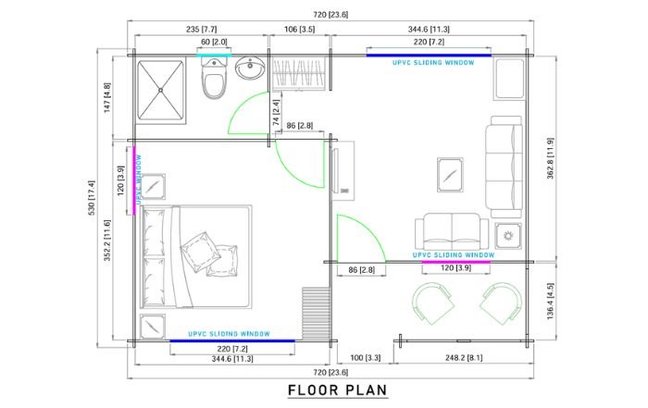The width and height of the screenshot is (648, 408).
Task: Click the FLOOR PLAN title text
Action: [337, 390]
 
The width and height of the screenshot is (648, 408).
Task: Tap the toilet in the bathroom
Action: [214, 79]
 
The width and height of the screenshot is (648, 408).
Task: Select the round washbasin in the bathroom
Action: [250, 68]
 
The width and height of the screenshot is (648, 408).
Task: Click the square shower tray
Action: [160, 90]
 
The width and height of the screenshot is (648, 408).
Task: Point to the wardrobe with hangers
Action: [298, 74]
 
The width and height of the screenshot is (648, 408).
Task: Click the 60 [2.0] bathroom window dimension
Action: [214, 43]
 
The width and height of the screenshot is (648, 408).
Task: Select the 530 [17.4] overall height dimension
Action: [92, 197]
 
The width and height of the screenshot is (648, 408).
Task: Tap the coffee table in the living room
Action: [450, 175]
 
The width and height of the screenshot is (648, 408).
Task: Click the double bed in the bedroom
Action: [196, 257]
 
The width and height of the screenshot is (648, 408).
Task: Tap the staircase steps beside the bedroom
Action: [317, 313]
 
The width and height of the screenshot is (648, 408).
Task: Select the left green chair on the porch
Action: [433, 303]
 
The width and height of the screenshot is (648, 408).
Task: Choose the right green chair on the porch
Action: [501, 303]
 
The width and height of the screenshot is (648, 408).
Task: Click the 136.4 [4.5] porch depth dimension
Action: [550, 301]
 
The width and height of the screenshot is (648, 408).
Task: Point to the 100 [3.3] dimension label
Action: [366, 358]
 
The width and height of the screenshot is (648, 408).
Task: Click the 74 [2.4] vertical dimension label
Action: [276, 113]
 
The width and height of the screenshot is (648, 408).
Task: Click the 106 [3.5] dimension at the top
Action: [299, 30]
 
